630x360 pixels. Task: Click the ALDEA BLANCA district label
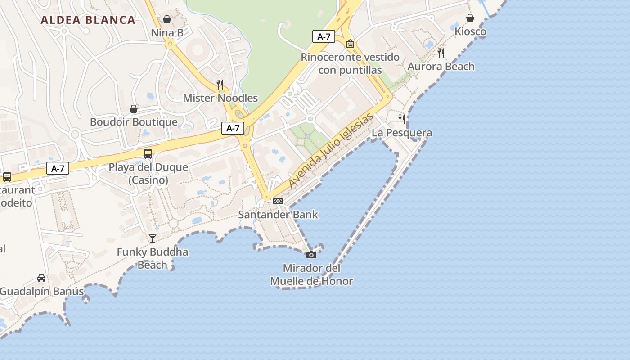point(88,20)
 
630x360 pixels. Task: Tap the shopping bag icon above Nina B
point(167,19)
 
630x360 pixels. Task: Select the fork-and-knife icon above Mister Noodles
point(220,85)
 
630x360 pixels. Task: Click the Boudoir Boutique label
point(134,122)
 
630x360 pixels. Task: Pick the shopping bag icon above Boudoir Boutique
point(134,109)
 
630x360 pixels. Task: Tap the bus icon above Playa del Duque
point(148,154)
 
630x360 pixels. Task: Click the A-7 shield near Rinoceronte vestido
point(324,37)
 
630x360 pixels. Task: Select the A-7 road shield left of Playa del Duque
point(58,169)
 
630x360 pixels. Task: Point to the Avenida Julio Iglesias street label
point(331,150)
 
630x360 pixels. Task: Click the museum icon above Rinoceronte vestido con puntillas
point(350,44)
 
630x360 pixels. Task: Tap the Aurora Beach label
point(441,67)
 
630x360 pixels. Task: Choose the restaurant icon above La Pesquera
point(402,119)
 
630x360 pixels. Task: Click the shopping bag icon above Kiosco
point(470,18)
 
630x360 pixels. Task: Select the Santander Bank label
point(278,215)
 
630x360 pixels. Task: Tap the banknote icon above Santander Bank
point(278,201)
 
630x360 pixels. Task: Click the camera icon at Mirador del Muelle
point(311,255)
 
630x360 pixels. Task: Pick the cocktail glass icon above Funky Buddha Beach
point(153,238)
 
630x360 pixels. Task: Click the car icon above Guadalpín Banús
point(41,278)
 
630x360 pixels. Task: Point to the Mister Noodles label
point(220,98)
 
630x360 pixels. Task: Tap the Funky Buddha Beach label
point(153,258)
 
